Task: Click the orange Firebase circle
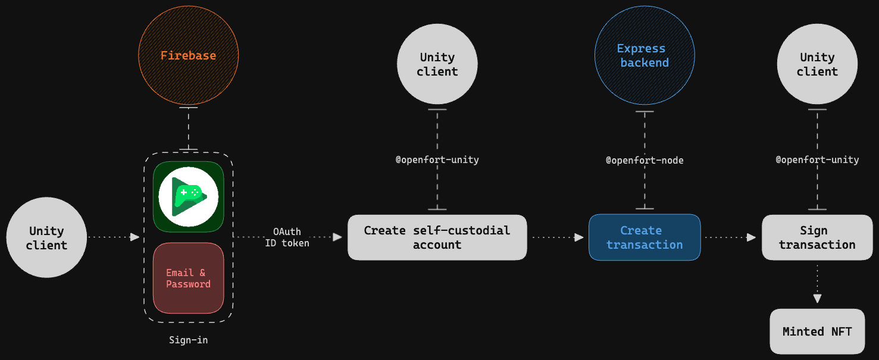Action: [x=188, y=55]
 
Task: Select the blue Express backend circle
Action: [x=645, y=55]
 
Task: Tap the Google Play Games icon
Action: [x=188, y=197]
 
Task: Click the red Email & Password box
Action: [x=188, y=278]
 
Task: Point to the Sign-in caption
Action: [x=188, y=340]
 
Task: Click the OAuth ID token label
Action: [x=287, y=237]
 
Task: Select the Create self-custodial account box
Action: [x=437, y=237]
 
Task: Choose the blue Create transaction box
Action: [x=645, y=237]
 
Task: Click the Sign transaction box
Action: [x=817, y=237]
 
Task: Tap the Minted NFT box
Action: [x=817, y=331]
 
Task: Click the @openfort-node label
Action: [x=645, y=160]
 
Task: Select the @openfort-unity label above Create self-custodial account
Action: [x=437, y=159]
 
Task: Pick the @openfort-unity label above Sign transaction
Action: [x=817, y=159]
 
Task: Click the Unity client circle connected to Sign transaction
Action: [x=817, y=64]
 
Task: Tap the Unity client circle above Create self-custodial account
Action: [x=437, y=64]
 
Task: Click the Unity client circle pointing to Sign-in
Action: [x=46, y=237]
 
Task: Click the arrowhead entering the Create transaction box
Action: [x=579, y=237]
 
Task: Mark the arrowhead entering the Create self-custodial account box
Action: [x=337, y=237]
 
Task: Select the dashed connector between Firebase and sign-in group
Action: [x=188, y=129]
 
